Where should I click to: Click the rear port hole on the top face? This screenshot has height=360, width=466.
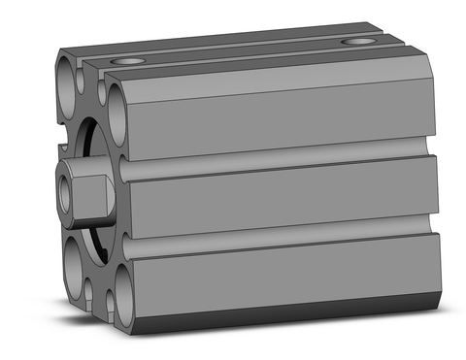360,42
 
